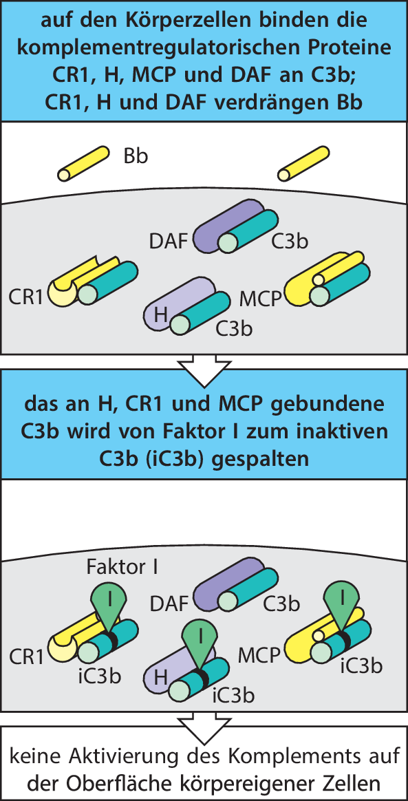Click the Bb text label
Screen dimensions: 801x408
point(136,156)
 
